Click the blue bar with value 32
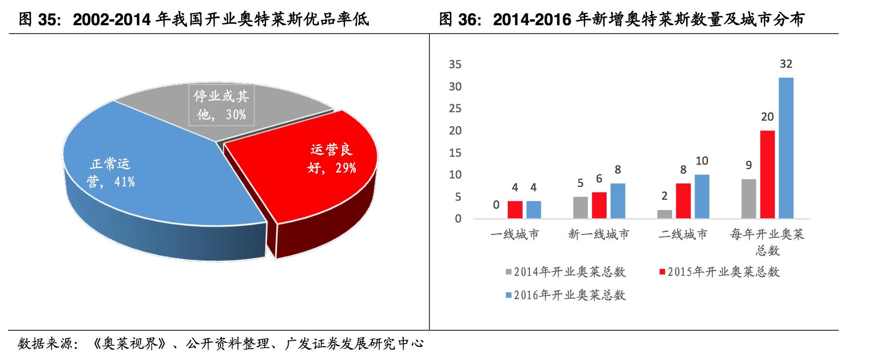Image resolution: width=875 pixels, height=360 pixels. tap(786, 148)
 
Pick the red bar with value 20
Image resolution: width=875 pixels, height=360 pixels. tap(767, 175)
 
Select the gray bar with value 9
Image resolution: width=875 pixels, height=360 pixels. tap(748, 199)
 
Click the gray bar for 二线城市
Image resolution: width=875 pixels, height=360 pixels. tap(665, 214)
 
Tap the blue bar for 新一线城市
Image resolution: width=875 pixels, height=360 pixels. tap(617, 201)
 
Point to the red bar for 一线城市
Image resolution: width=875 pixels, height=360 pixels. tap(515, 210)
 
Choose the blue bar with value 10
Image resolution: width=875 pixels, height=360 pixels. tap(702, 197)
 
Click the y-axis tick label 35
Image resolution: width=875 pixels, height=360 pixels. tap(455, 64)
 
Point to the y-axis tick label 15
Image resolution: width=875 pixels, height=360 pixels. tap(455, 153)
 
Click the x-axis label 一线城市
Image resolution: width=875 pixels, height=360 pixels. tap(515, 234)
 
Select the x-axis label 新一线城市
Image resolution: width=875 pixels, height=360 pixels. tap(599, 234)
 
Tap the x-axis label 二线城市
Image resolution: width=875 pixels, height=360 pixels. tap(683, 234)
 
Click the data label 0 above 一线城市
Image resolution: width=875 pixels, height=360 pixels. tap(496, 205)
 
